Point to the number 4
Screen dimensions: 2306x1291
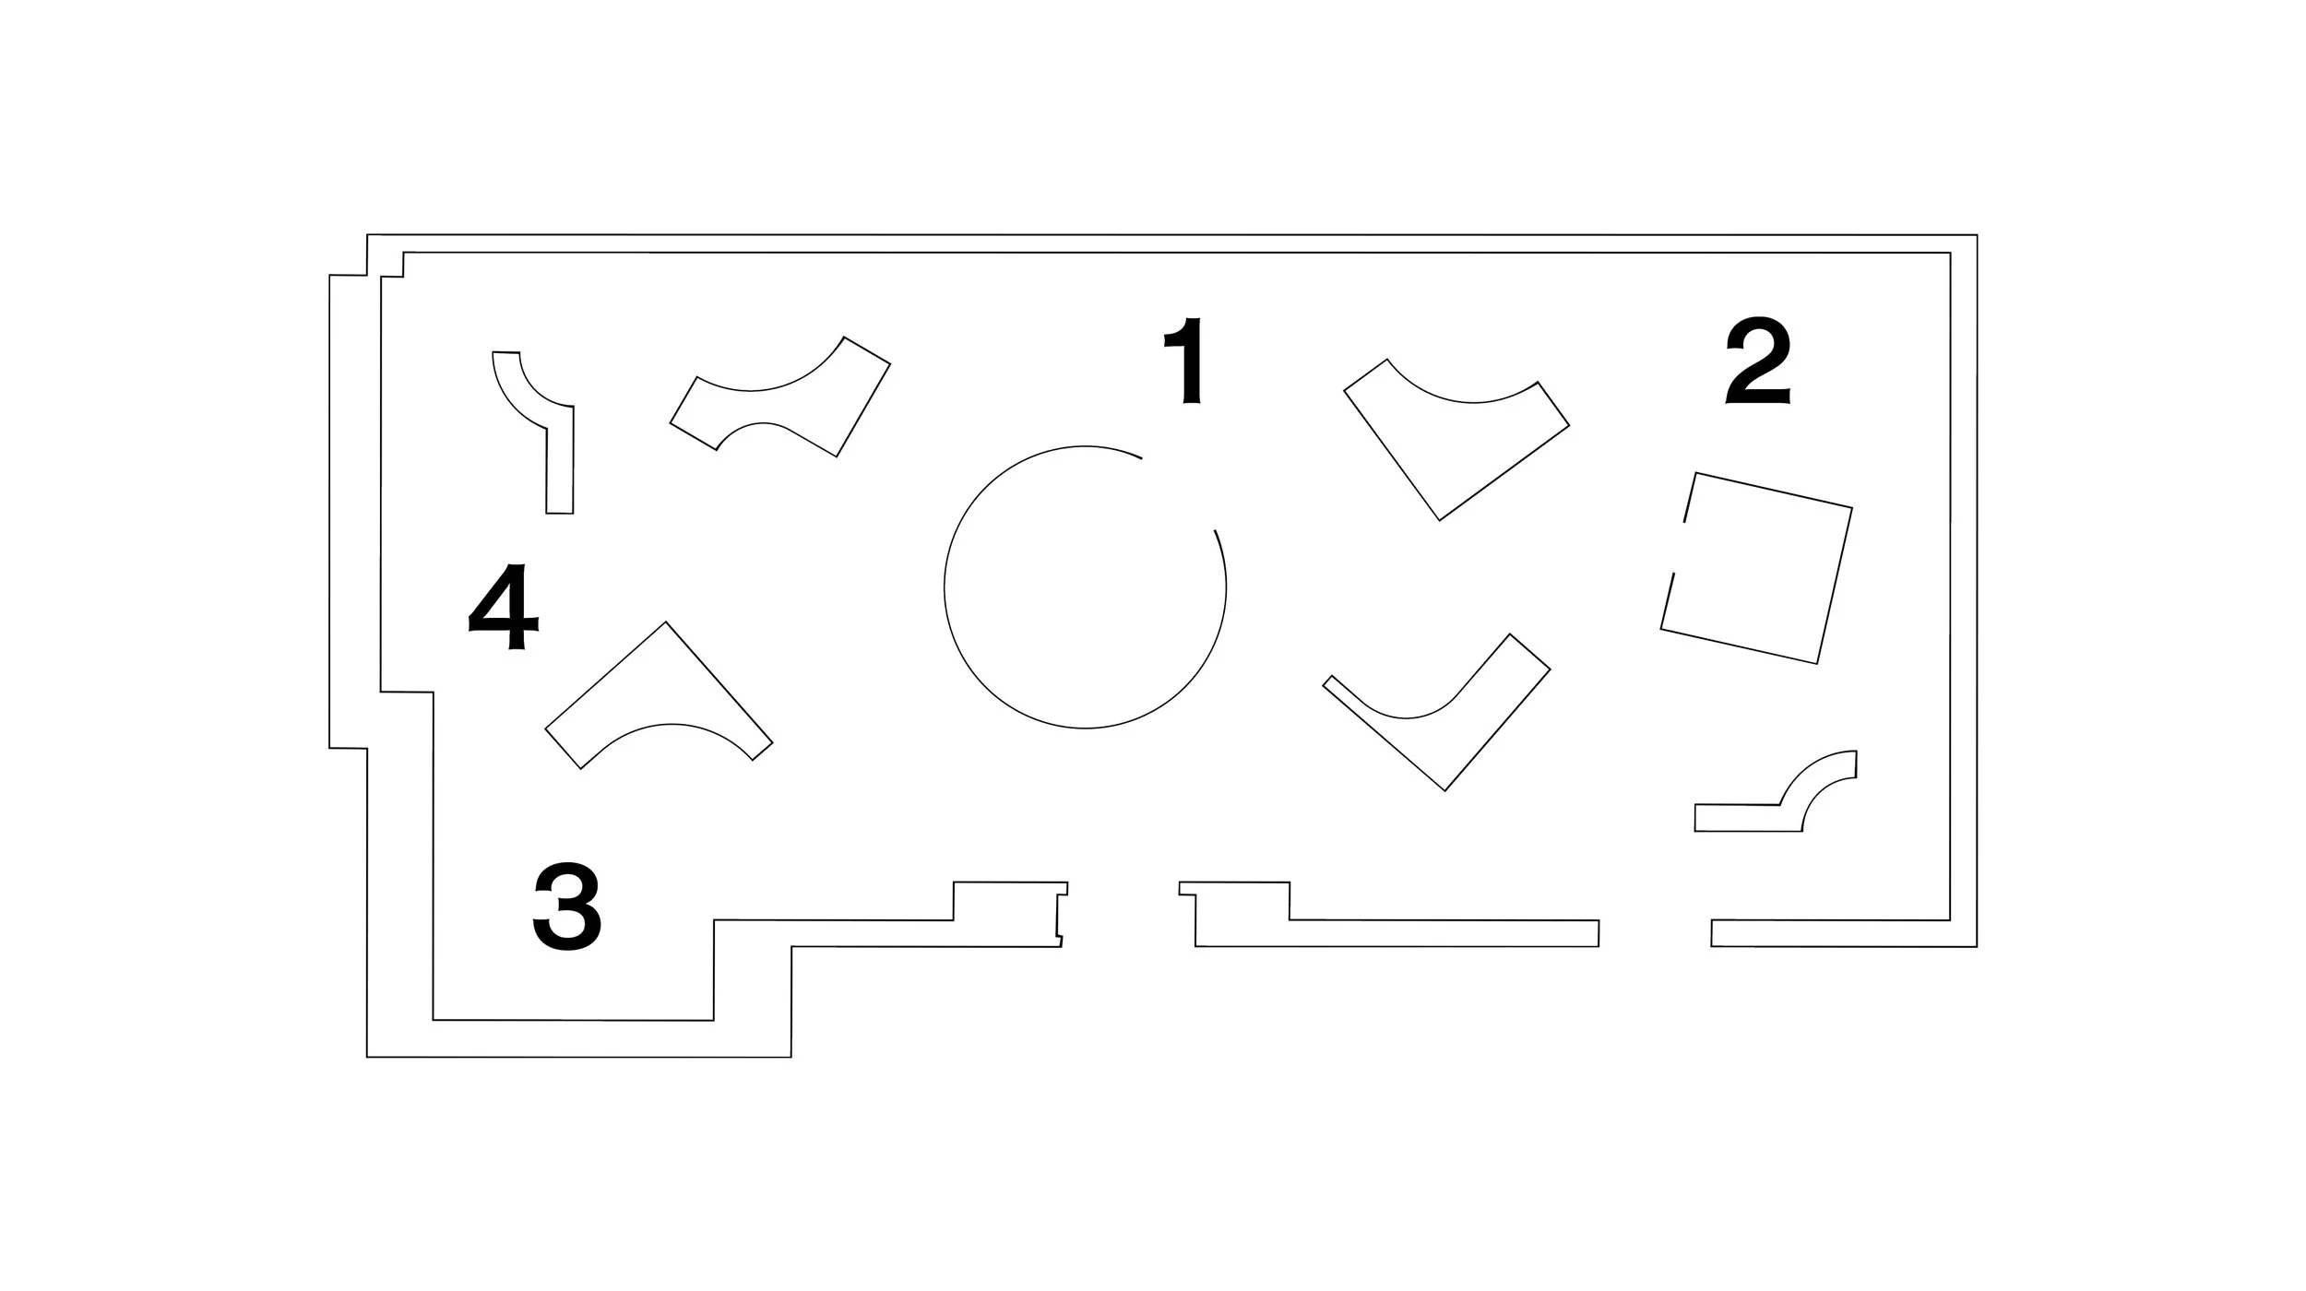(504, 608)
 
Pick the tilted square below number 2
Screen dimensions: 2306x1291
(1757, 568)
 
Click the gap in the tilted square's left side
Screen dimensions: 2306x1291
(1679, 548)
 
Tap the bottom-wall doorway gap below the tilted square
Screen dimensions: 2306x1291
(1655, 932)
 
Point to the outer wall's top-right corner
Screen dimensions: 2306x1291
(1976, 236)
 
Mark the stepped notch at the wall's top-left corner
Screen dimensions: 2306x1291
(367, 267)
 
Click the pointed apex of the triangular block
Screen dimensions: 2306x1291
(666, 623)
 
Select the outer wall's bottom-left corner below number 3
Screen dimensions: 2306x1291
(368, 1056)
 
